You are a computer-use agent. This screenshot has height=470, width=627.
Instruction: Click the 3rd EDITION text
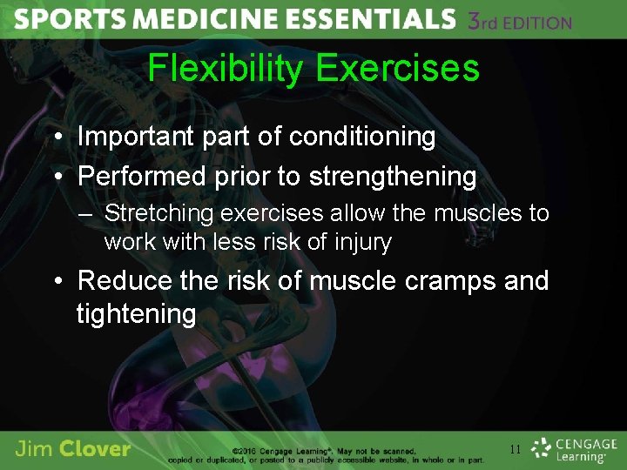(519, 21)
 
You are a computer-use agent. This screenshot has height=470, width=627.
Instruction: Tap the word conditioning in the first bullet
(362, 136)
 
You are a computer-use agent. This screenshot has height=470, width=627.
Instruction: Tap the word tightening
(137, 313)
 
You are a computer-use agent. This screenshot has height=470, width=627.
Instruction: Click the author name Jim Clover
(73, 449)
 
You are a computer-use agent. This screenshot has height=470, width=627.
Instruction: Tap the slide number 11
(516, 450)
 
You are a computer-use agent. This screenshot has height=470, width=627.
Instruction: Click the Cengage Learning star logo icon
(542, 449)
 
